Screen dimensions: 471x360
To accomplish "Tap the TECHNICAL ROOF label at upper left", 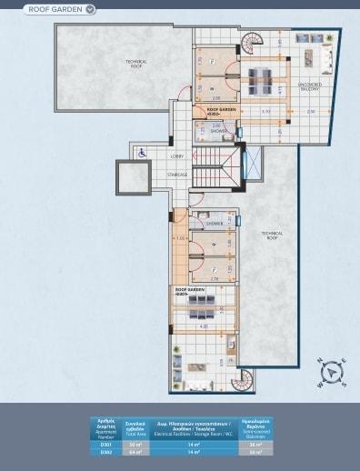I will pos(137,64).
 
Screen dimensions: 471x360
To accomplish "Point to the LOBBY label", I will pos(176,155).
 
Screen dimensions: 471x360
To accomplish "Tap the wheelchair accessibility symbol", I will pos(142,154).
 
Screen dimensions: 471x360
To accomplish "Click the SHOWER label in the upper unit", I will pos(219,131).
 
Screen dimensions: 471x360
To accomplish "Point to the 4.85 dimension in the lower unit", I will pos(204,326).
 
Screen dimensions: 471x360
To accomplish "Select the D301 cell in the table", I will pos(106,444).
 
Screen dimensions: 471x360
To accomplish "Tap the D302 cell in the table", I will pos(106,451).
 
